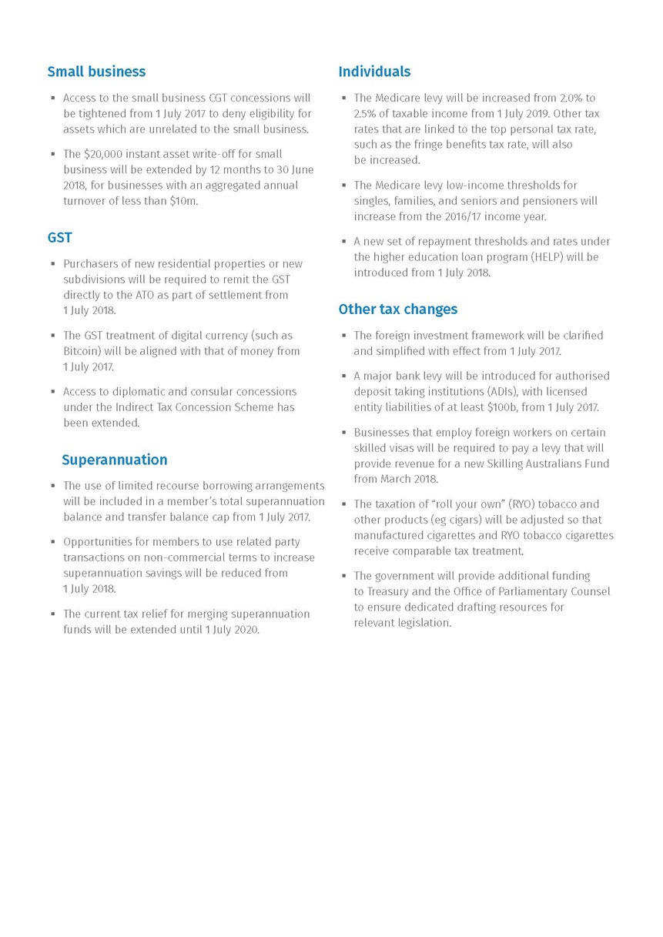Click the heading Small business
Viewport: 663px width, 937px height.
(x=96, y=72)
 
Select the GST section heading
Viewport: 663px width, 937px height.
(x=59, y=238)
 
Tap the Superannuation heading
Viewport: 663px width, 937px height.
(x=114, y=460)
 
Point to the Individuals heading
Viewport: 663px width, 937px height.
(x=374, y=72)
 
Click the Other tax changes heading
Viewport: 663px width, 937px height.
(x=397, y=309)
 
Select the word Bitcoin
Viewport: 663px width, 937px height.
(x=81, y=351)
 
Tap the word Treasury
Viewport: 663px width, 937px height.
(x=392, y=591)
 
